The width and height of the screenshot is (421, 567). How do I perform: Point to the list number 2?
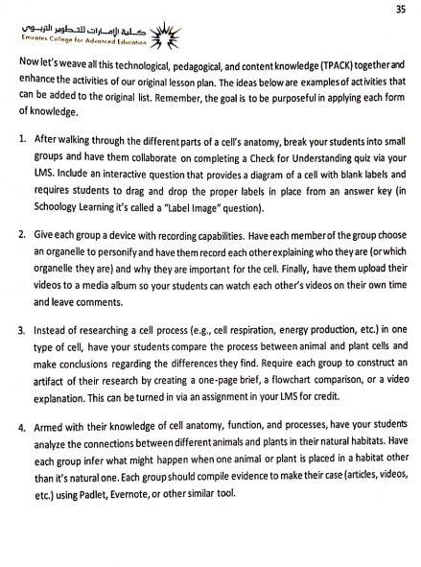(23, 234)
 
